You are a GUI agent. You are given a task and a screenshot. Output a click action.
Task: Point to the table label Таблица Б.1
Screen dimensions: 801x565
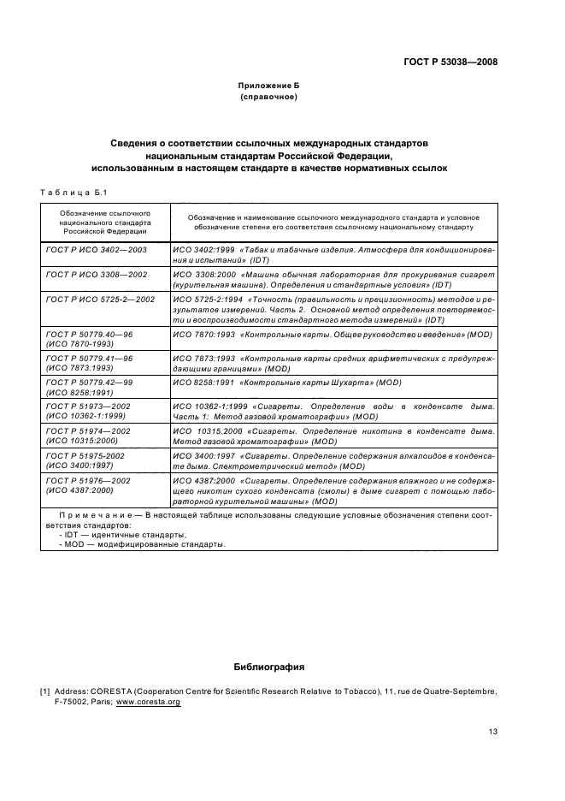pos(72,192)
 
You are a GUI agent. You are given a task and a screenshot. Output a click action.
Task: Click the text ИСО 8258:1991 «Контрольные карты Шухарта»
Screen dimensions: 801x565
pos(286,382)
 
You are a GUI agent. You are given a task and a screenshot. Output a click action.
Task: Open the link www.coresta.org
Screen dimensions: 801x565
pos(149,702)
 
